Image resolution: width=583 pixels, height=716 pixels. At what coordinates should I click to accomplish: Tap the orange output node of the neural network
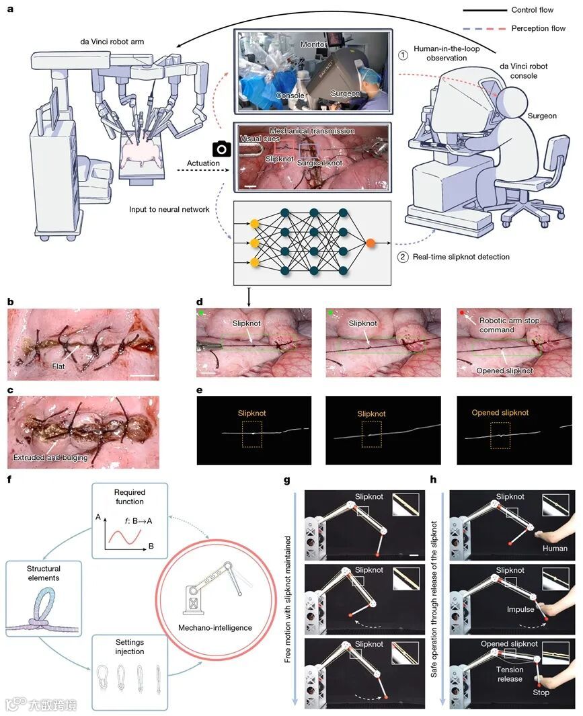pyautogui.click(x=371, y=240)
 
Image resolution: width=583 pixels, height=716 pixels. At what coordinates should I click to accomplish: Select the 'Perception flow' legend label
pyautogui.click(x=537, y=29)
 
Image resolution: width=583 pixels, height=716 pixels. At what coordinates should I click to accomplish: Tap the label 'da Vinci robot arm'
pyautogui.click(x=112, y=42)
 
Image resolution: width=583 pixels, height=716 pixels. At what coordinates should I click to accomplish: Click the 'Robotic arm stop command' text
pyautogui.click(x=507, y=325)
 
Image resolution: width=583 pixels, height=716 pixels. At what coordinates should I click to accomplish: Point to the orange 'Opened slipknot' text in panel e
pyautogui.click(x=500, y=413)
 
